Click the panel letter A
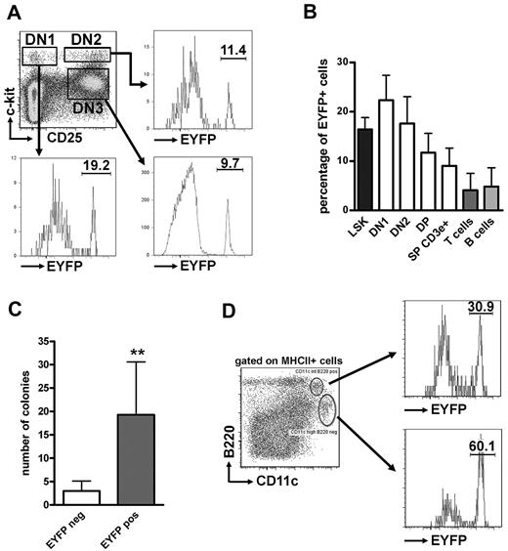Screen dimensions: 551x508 tap(15, 13)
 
